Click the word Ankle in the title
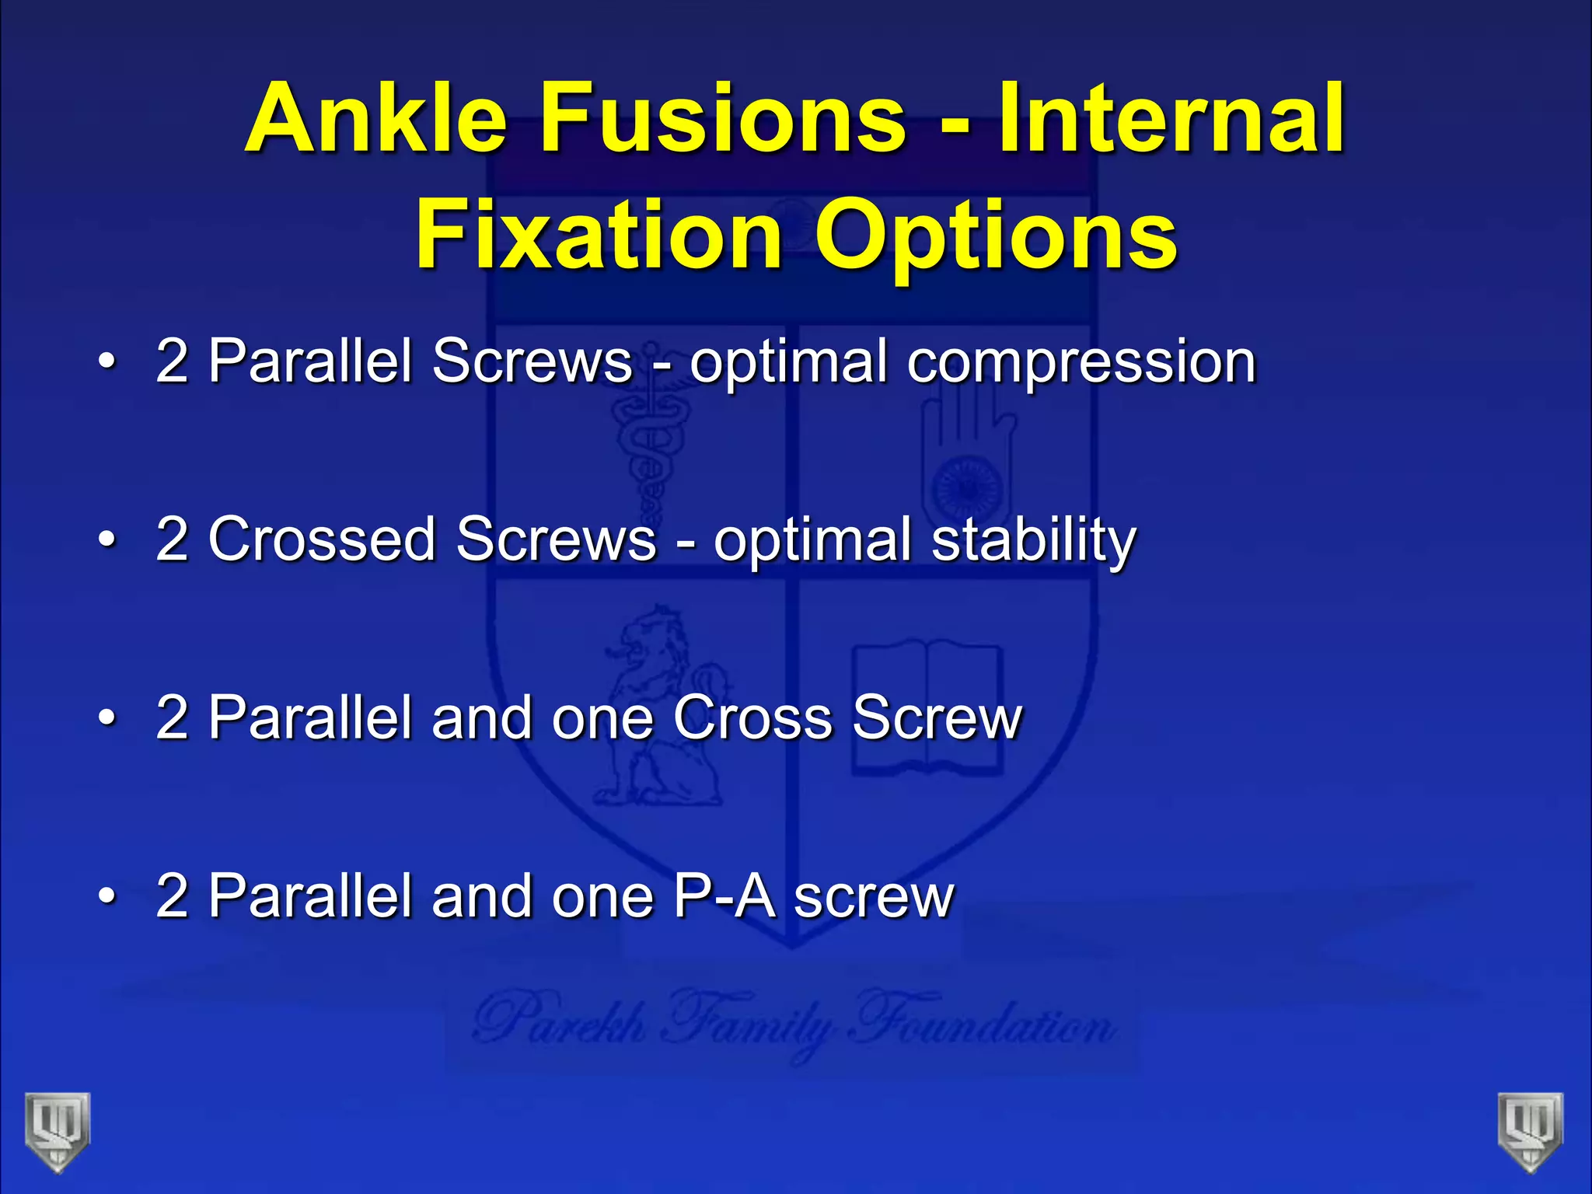point(376,118)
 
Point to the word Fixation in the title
point(599,235)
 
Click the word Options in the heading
point(995,235)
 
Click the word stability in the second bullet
point(1034,539)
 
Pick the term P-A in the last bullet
point(724,896)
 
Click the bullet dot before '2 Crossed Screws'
point(108,539)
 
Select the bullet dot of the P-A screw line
point(108,896)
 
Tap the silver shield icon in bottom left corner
point(58,1131)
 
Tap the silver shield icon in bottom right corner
point(1531,1131)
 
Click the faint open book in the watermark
point(927,707)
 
